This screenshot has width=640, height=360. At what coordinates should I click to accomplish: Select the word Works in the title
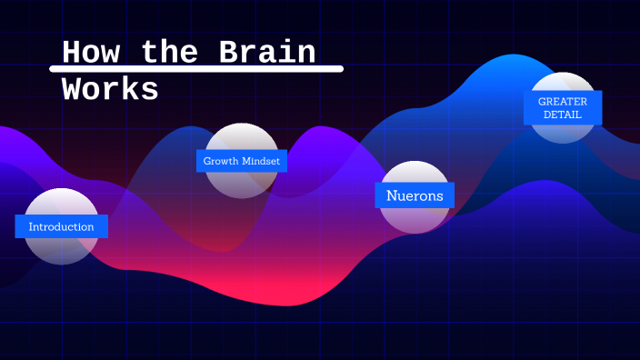(x=110, y=89)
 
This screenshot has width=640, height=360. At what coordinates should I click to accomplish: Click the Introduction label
(x=61, y=226)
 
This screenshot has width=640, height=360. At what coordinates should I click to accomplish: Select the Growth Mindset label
(x=241, y=161)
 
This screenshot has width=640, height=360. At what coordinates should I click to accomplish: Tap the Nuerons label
(x=415, y=195)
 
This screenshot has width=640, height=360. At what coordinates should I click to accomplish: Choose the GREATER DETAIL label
(x=563, y=108)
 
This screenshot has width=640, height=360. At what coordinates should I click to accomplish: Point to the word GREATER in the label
(x=563, y=102)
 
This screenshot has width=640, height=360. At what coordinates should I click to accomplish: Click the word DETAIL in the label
(x=563, y=115)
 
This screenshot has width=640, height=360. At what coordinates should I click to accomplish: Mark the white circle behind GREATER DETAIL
(x=563, y=133)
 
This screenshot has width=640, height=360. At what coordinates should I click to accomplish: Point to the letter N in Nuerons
(x=392, y=195)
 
